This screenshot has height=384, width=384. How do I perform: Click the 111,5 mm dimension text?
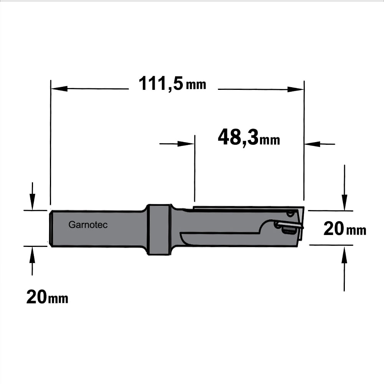coord(172,84)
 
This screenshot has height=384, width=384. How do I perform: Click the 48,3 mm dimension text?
coord(249,138)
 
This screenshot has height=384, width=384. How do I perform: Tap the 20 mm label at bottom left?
coord(47,297)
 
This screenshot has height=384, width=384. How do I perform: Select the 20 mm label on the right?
coord(345,229)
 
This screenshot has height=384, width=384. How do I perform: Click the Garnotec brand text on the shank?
coord(88,225)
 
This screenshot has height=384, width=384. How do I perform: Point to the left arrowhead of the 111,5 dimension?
coord(59,89)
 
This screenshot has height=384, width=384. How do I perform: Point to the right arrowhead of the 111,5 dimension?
coord(296,89)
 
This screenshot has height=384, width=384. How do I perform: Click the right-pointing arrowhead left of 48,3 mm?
coord(186,144)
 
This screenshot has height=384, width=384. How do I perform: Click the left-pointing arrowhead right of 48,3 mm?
coord(312,144)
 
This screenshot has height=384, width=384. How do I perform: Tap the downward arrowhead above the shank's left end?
coord(32,202)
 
